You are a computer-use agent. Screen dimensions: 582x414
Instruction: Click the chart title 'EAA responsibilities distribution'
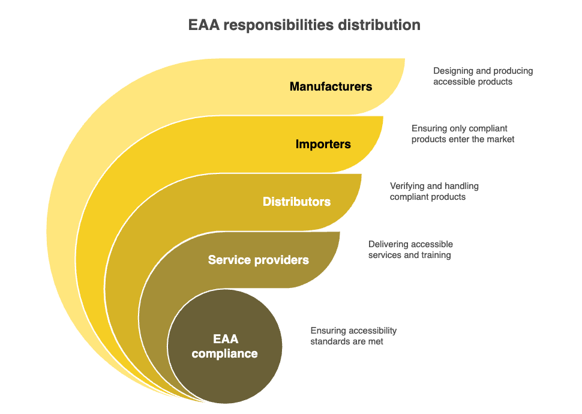tap(304, 25)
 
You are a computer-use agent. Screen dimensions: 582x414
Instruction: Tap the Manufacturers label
tap(331, 86)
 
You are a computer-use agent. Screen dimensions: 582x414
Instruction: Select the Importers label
tap(323, 144)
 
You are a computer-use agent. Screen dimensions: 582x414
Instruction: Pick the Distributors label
tap(296, 202)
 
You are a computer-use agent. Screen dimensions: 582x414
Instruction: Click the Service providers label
tap(258, 260)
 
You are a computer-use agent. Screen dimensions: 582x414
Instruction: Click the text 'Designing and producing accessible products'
tap(483, 76)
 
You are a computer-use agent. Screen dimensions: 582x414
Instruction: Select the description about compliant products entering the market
tap(463, 134)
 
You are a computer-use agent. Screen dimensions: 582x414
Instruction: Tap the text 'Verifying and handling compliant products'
tap(434, 191)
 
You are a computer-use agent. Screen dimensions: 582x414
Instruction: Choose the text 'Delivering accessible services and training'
tap(410, 250)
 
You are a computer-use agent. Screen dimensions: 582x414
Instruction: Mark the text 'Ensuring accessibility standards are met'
tap(353, 336)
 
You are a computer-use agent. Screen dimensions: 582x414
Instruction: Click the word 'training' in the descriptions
tap(436, 255)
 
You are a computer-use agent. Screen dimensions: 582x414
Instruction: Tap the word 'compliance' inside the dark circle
tap(224, 353)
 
